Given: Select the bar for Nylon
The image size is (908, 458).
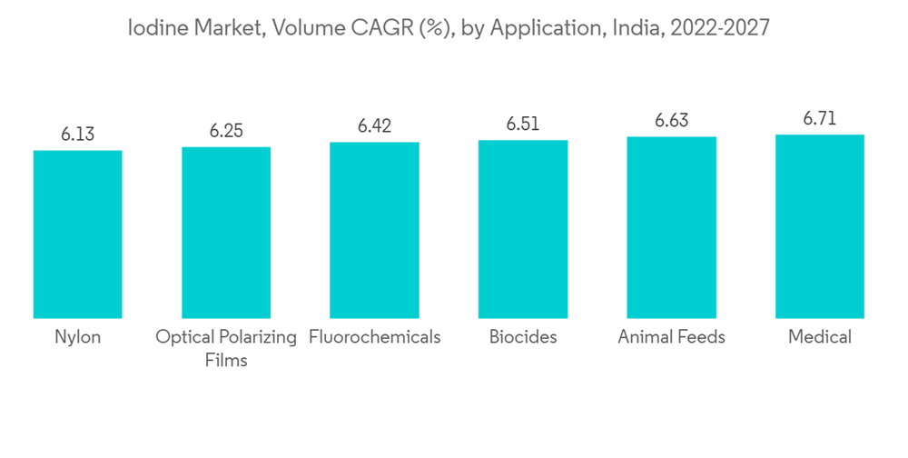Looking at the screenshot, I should [77, 234].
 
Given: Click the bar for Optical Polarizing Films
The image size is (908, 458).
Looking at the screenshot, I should [226, 232].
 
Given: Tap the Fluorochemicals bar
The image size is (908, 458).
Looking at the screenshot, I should [374, 230].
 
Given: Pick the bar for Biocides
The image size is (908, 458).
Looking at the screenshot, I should [523, 229].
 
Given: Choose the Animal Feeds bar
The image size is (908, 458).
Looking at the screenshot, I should [671, 227].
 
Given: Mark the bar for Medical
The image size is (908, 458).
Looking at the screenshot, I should [820, 226].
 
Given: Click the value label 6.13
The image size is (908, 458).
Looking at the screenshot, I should [77, 134].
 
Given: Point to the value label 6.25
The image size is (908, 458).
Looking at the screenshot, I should [226, 131].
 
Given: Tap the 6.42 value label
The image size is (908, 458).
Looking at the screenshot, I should [374, 126].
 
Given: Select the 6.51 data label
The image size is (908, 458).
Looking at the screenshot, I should [523, 124].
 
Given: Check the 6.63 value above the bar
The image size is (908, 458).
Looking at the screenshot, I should [671, 121].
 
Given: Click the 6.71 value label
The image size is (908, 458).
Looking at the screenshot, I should [820, 119].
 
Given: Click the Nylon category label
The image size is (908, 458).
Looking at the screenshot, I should [77, 337].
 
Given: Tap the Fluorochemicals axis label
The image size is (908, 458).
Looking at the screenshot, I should [374, 337].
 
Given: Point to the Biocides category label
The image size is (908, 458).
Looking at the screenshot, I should [523, 337].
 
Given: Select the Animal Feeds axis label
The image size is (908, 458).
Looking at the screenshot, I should [671, 337].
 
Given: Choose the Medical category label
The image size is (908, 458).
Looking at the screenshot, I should [820, 337].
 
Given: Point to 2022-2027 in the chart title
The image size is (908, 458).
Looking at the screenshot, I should [722, 28].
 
